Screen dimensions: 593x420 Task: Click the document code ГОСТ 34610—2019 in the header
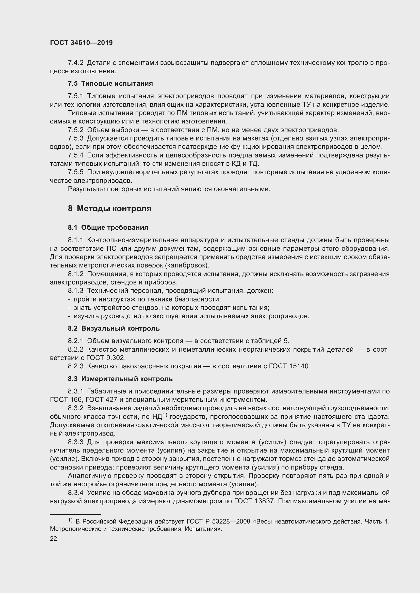click(x=81, y=43)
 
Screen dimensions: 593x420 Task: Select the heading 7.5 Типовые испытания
click(x=110, y=83)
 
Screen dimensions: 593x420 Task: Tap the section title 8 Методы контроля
click(x=109, y=208)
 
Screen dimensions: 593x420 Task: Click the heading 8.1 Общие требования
click(x=108, y=227)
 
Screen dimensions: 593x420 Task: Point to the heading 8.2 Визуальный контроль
click(x=114, y=329)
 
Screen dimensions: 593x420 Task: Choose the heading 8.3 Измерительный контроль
click(x=120, y=379)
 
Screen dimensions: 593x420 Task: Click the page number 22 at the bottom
click(x=53, y=538)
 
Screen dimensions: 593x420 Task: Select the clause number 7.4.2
click(x=75, y=63)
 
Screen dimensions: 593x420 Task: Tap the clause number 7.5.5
click(x=75, y=172)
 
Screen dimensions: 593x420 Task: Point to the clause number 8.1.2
click(x=75, y=274)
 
